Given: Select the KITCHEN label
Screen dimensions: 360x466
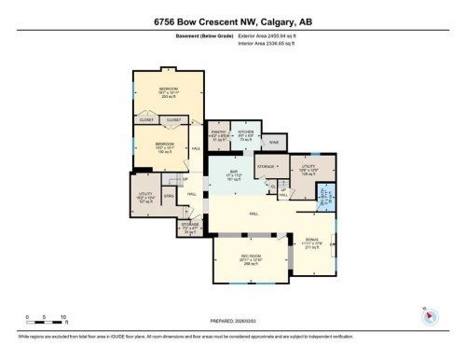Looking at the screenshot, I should pyautogui.click(x=246, y=132).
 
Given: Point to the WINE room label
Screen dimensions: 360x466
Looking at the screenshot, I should pyautogui.click(x=273, y=144).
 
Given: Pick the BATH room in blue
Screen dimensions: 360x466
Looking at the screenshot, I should pyautogui.click(x=325, y=195).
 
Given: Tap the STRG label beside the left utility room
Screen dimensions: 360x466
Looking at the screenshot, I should pyautogui.click(x=169, y=197).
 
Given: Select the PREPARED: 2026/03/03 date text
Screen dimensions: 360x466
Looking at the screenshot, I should pyautogui.click(x=232, y=322).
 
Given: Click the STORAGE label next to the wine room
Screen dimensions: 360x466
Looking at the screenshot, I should pyautogui.click(x=266, y=166).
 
